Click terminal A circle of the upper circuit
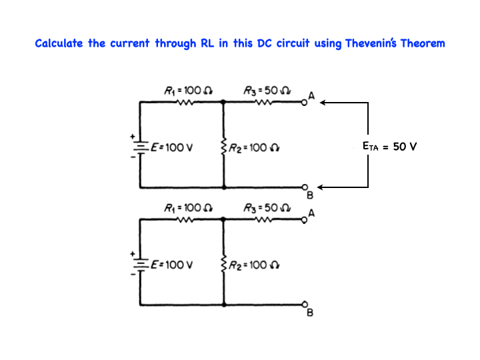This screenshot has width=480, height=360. pos(305,103)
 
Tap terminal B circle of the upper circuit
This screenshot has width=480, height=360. pos(305,187)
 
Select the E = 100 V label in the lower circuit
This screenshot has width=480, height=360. pos(172,265)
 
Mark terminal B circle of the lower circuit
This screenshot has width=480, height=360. pos(305,305)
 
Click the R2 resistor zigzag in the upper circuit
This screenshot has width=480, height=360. pos(223,147)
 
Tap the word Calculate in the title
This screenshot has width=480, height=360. pos(59,44)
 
